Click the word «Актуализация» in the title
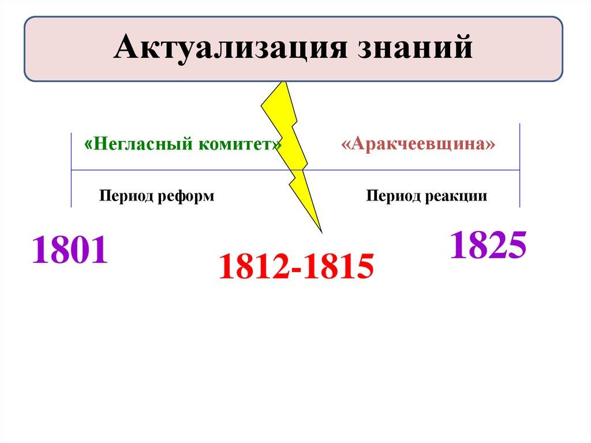point(230,47)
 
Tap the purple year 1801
point(70,250)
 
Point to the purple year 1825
point(488,245)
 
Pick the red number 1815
point(339,266)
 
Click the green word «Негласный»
point(143,144)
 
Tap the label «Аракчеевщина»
point(418,144)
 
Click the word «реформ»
point(185,196)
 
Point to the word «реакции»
point(456,196)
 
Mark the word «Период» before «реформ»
point(126,196)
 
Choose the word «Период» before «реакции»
point(394,196)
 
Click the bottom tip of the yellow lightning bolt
point(321,233)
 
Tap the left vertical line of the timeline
point(71,170)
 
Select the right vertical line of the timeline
point(520,165)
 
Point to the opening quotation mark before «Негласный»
point(88,144)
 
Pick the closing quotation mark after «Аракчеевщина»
point(491,144)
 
